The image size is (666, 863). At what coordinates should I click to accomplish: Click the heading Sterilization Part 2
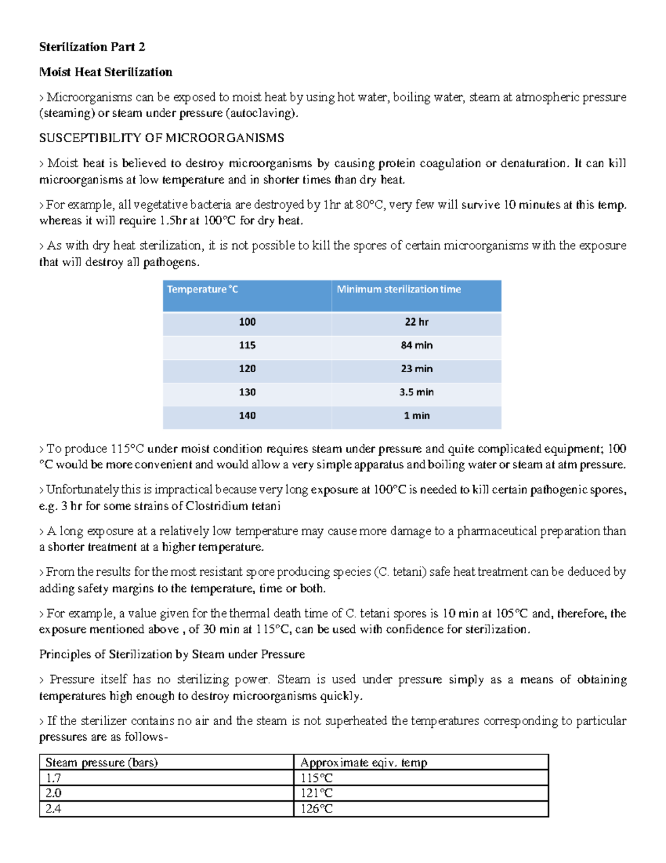(92, 47)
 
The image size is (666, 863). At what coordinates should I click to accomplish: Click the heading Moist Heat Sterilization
(105, 72)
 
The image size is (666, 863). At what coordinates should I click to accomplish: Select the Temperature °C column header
(203, 290)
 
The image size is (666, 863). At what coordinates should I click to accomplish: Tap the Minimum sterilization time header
(398, 290)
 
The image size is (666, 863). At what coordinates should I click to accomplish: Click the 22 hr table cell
(416, 322)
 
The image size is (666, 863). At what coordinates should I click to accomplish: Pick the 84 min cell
(416, 346)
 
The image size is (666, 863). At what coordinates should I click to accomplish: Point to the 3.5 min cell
(416, 392)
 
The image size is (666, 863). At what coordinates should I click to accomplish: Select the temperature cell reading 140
(247, 416)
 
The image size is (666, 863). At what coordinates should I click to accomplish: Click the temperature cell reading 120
(247, 369)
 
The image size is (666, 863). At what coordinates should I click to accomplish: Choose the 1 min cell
(416, 416)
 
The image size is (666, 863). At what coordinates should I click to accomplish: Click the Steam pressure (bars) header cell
(102, 762)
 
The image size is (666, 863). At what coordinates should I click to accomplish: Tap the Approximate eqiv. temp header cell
(364, 762)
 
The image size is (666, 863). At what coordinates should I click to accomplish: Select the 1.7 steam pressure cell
(53, 778)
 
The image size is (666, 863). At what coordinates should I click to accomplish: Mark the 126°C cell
(316, 809)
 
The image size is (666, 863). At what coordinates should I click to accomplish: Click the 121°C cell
(316, 794)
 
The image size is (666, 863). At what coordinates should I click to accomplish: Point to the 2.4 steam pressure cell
(53, 809)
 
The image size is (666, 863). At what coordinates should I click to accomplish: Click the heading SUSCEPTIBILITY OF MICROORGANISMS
(162, 138)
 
